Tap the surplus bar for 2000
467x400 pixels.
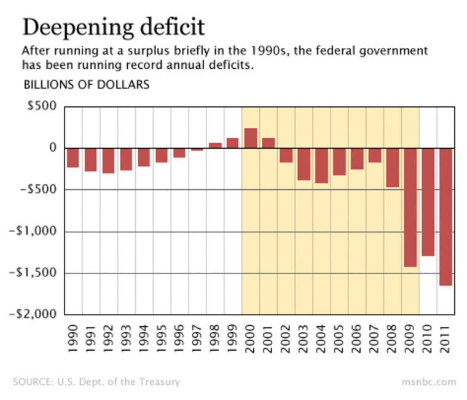[251, 138]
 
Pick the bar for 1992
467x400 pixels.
[108, 160]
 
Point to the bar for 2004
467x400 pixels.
[321, 165]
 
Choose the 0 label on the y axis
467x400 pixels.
[53, 148]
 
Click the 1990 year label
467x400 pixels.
[73, 341]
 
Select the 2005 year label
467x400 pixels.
[339, 341]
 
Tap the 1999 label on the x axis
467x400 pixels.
[233, 341]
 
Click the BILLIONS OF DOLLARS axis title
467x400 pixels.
[86, 85]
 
